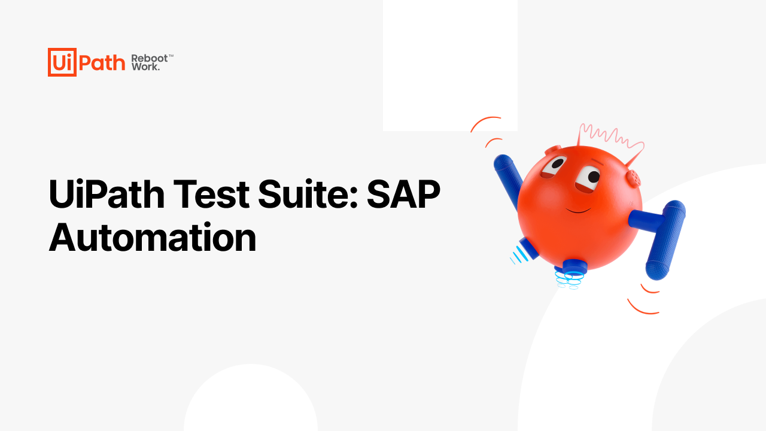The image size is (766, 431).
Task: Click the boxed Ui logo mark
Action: (x=62, y=62)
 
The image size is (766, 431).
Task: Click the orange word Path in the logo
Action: (x=102, y=63)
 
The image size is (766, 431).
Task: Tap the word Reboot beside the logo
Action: (x=150, y=59)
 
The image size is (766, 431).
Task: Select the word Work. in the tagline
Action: (x=145, y=66)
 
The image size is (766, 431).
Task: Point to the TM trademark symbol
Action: (x=171, y=56)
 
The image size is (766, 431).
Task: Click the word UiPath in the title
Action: (x=107, y=194)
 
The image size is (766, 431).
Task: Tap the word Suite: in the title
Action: (x=308, y=194)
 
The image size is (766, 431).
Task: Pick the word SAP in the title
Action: (x=403, y=194)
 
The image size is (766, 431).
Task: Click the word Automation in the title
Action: (x=153, y=238)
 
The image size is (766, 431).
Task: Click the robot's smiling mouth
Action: (x=578, y=210)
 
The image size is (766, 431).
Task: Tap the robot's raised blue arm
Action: (x=509, y=180)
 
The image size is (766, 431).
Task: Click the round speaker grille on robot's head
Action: (x=634, y=178)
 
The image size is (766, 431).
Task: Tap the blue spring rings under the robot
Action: (x=569, y=280)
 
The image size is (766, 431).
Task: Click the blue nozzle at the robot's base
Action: (x=574, y=266)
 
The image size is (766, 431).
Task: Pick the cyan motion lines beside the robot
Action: (x=519, y=255)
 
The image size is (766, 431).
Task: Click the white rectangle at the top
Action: (x=450, y=65)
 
